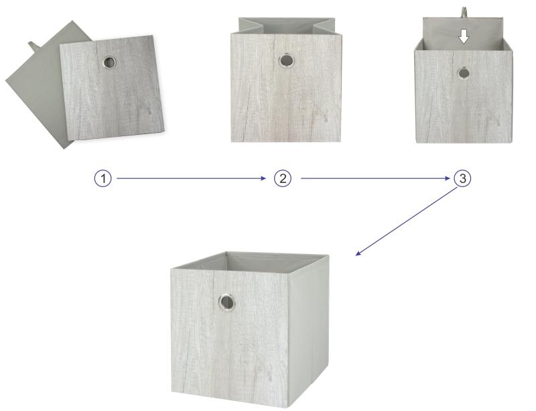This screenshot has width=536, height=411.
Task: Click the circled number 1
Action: [103, 178]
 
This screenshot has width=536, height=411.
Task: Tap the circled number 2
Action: [283, 178]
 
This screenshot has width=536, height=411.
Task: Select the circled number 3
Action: [462, 178]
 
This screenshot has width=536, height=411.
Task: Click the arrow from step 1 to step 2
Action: [191, 178]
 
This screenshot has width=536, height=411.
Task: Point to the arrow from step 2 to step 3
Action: [375, 178]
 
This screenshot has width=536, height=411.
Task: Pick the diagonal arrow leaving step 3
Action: [407, 222]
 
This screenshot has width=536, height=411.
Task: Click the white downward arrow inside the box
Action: [464, 37]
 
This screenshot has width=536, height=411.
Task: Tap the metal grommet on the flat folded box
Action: [109, 62]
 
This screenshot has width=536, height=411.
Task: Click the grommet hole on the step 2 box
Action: [286, 60]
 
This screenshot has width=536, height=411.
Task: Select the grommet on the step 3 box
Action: [464, 73]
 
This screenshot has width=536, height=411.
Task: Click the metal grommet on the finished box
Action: [226, 302]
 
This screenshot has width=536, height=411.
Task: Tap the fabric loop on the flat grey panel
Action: [33, 45]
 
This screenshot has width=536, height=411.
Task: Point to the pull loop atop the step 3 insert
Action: [464, 11]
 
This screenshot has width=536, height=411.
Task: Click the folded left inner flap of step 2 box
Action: [251, 25]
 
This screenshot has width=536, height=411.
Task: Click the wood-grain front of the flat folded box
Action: [112, 88]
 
